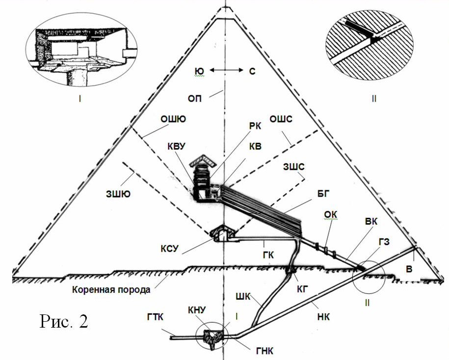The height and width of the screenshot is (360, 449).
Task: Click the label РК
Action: coord(255,126)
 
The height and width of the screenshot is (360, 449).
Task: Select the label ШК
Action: coord(244,295)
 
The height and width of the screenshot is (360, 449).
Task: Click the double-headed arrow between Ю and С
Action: coord(223,72)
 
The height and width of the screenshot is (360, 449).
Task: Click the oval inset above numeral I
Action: coord(80,54)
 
